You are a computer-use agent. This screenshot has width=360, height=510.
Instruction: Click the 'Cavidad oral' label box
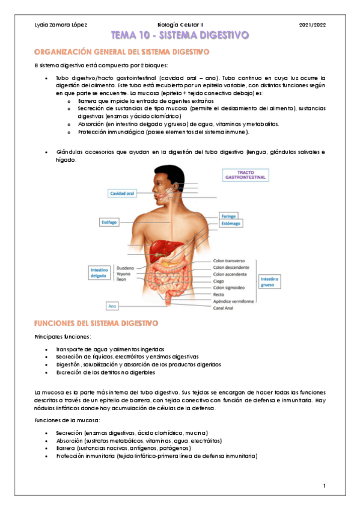pos(121,194)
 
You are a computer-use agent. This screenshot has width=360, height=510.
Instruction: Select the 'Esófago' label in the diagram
pos(109,223)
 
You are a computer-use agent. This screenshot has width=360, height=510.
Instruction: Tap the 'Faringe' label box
pos(228,215)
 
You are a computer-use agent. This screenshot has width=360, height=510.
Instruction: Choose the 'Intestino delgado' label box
pos(99,273)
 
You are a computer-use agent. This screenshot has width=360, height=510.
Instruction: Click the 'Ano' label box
pos(112,306)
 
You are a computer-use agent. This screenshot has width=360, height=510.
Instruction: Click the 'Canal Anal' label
pos(227,309)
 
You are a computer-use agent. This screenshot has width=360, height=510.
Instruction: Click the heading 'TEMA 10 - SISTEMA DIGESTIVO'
pos(180,36)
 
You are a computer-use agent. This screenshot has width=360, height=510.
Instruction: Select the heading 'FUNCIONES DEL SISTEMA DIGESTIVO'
pos(96,323)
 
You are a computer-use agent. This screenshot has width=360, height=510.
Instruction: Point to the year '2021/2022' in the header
pos(311,25)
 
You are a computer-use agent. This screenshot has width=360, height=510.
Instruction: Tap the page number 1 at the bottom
pos(324,485)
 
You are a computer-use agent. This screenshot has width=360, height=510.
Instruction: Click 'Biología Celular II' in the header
pos(180,25)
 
